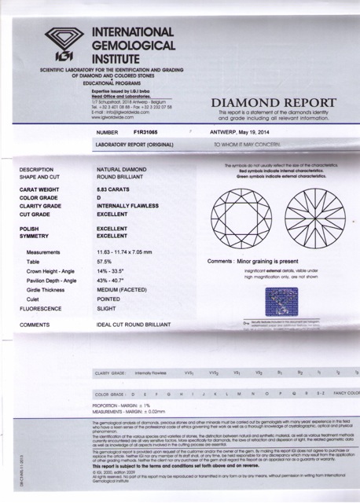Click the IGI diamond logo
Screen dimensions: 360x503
(x=66, y=45)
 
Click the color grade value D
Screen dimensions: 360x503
(x=121, y=198)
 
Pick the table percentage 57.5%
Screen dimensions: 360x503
(x=128, y=262)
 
